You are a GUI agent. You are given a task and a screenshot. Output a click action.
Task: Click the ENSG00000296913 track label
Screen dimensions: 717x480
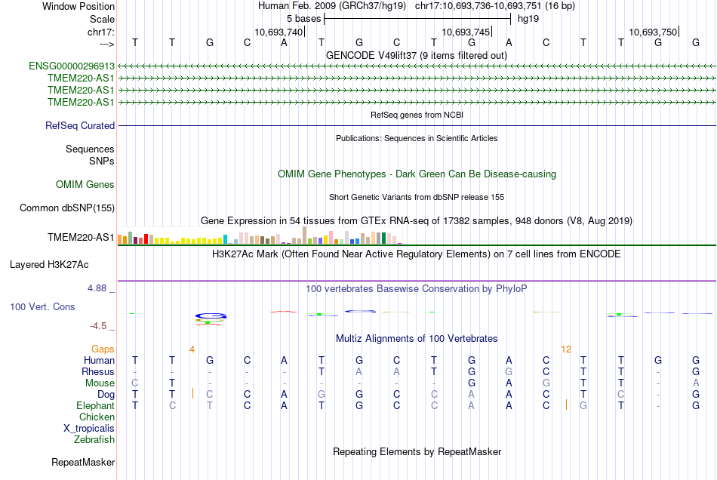[72, 66]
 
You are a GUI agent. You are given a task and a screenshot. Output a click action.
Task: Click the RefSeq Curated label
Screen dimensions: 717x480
[80, 126]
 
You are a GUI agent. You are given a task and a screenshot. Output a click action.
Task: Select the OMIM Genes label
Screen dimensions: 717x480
[85, 185]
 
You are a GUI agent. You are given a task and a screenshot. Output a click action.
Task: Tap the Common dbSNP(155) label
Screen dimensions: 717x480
[67, 208]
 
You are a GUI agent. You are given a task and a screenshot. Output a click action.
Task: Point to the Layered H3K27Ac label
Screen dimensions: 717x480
[49, 265]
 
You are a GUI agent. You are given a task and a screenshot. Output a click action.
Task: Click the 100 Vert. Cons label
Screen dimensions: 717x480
[42, 306]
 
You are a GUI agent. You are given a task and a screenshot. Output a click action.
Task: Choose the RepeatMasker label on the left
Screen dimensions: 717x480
[83, 463]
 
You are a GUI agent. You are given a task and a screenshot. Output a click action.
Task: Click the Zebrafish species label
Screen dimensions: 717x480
[94, 440]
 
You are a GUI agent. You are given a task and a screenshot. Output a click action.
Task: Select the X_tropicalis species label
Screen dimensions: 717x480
[89, 429]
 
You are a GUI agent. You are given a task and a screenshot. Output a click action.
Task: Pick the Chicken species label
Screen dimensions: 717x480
[97, 417]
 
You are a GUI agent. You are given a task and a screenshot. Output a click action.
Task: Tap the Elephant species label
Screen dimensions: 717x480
[96, 406]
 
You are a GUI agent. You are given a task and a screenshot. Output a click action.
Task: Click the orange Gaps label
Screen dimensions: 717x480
[103, 349]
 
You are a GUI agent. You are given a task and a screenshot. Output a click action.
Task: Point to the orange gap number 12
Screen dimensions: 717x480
[566, 349]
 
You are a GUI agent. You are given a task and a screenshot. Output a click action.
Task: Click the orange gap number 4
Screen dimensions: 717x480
[192, 349]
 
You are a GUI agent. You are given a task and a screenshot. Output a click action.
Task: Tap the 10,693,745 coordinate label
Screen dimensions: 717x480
[466, 32]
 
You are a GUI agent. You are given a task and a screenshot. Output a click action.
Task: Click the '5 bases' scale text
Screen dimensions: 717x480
[303, 19]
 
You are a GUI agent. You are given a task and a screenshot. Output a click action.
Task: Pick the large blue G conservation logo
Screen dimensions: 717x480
[211, 316]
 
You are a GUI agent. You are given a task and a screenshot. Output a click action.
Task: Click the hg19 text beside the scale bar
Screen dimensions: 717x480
[528, 19]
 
